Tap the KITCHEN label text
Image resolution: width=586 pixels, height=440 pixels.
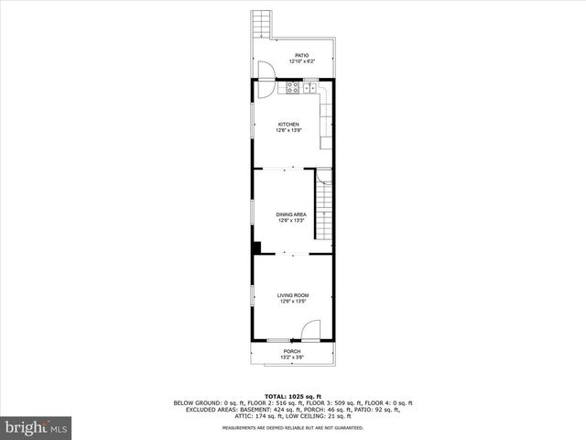pyautogui.click(x=289, y=125)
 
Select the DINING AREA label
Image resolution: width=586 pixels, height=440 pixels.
pyautogui.click(x=291, y=214)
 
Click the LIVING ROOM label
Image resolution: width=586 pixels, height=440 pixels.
pyautogui.click(x=292, y=295)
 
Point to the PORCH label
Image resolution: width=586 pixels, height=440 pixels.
pyautogui.click(x=291, y=351)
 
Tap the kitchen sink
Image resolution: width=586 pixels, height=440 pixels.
pyautogui.click(x=310, y=88)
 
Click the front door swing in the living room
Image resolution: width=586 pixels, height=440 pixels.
pyautogui.click(x=311, y=331)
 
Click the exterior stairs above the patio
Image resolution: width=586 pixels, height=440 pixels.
pyautogui.click(x=264, y=24)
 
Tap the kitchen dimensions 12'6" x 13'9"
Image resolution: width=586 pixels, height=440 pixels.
pyautogui.click(x=289, y=130)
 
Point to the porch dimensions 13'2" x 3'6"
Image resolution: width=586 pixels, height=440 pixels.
pyautogui.click(x=291, y=357)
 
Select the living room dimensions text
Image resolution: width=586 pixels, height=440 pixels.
pyautogui.click(x=292, y=301)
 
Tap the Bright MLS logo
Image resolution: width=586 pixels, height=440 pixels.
pyautogui.click(x=37, y=427)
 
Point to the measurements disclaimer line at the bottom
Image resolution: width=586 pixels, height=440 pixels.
pyautogui.click(x=293, y=427)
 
